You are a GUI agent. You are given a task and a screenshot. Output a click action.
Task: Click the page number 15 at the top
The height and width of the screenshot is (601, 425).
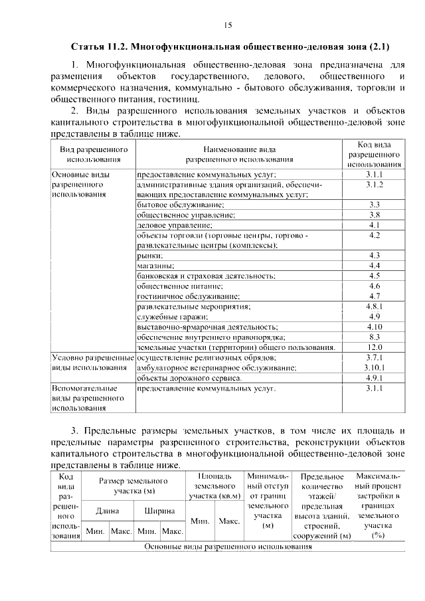point(228,25)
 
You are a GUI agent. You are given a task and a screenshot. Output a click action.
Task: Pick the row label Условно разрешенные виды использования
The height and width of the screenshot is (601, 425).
point(93,362)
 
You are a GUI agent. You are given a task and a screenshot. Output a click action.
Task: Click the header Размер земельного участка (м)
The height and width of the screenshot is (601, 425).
point(133,485)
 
